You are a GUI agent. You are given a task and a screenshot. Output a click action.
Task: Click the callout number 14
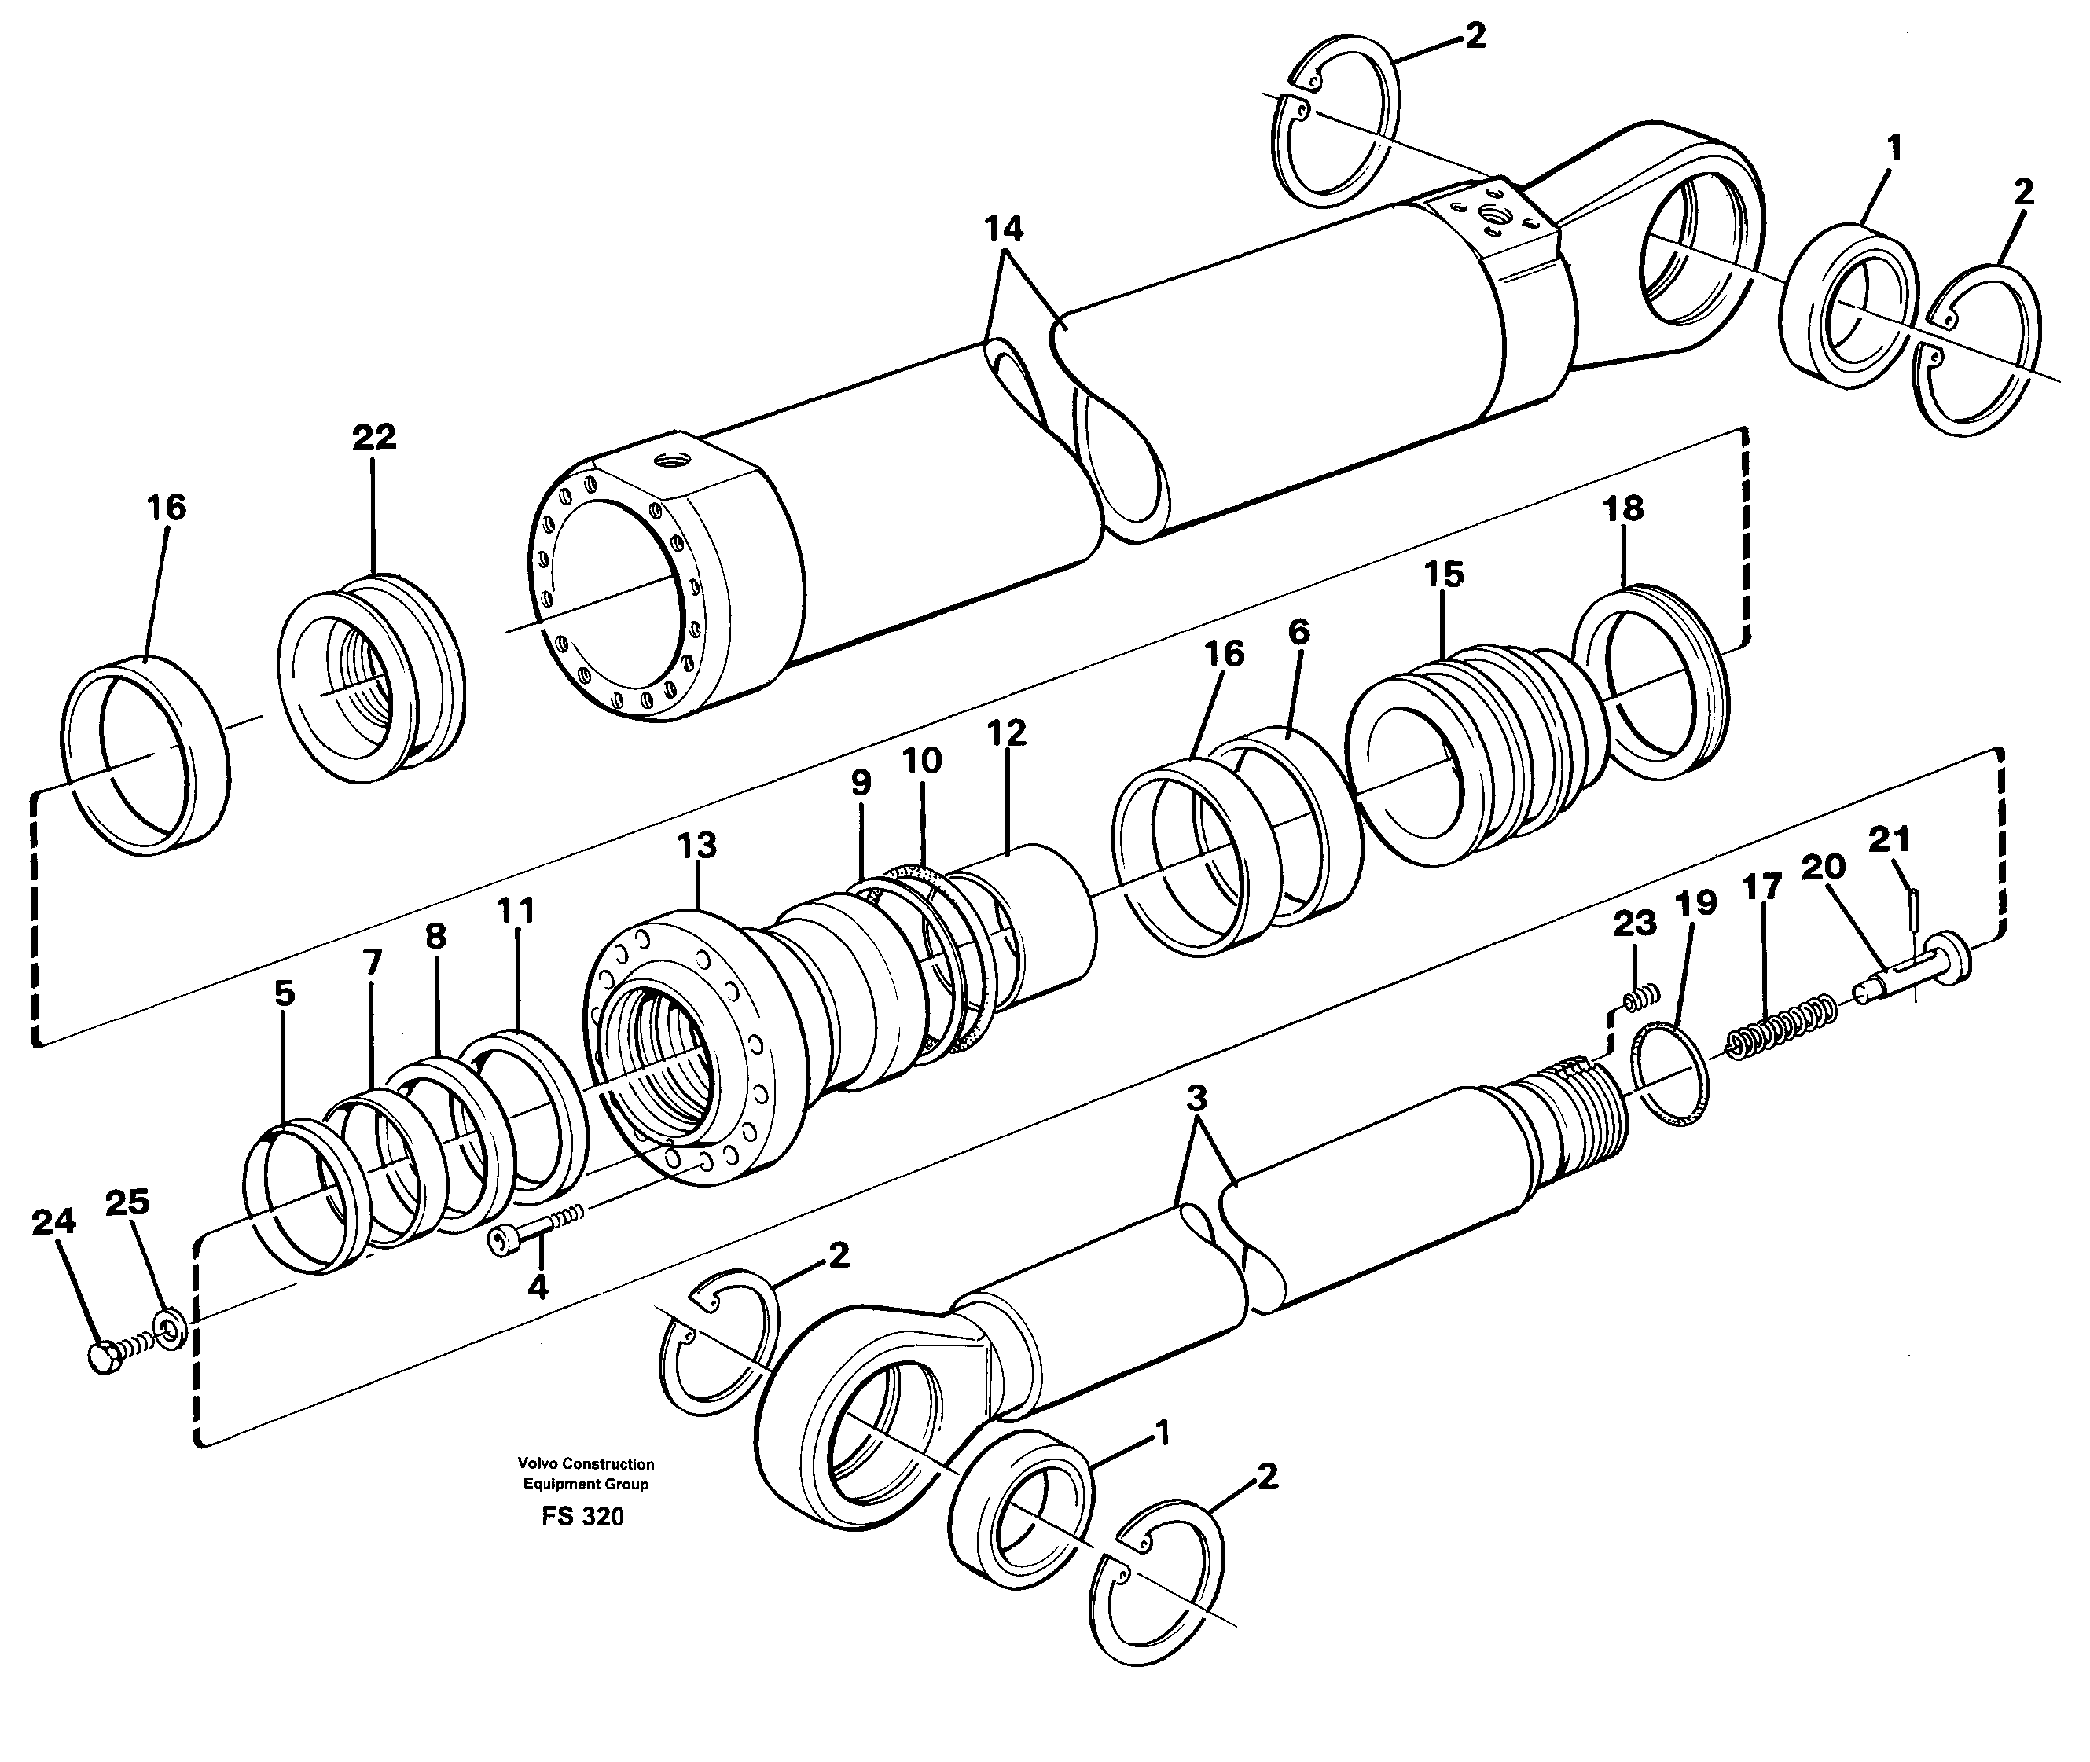pos(1003,229)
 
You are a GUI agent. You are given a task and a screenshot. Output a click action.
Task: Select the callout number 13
pos(696,846)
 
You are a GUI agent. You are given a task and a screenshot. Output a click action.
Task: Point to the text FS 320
pos(582,1516)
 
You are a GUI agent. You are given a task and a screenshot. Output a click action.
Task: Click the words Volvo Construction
pos(586,1463)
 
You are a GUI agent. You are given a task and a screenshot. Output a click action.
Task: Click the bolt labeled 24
pos(104,1360)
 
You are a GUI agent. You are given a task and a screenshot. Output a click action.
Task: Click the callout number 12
pos(1006,732)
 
